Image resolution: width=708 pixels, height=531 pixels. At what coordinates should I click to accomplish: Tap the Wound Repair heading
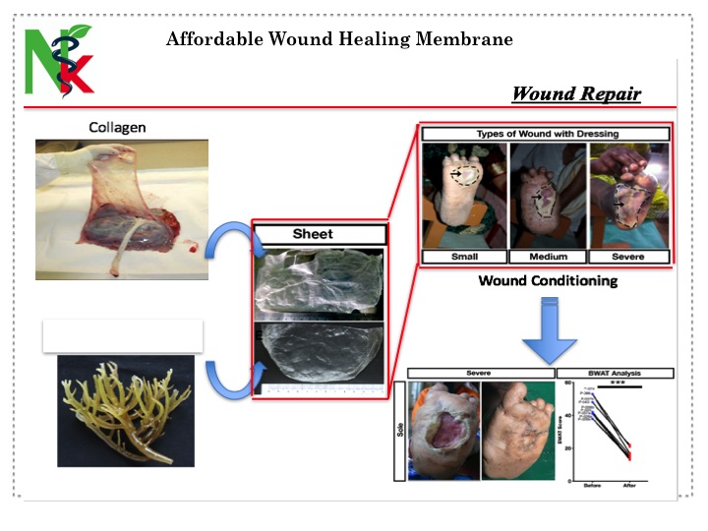(576, 94)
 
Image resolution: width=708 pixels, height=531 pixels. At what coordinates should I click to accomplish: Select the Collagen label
(118, 128)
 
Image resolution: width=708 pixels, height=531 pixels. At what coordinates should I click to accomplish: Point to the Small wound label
(464, 257)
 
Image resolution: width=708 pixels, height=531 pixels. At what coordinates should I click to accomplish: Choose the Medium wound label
(548, 257)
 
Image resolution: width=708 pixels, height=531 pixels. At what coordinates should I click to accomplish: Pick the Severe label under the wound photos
(629, 257)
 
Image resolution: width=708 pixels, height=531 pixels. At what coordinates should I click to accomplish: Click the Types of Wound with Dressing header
(548, 133)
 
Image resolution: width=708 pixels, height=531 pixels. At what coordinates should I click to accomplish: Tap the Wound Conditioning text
(548, 281)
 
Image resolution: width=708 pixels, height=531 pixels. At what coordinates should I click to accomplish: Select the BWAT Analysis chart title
(622, 373)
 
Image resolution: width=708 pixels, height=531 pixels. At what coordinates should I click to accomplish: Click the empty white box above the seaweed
(123, 335)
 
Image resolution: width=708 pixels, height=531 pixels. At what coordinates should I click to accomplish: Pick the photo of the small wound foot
(464, 195)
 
